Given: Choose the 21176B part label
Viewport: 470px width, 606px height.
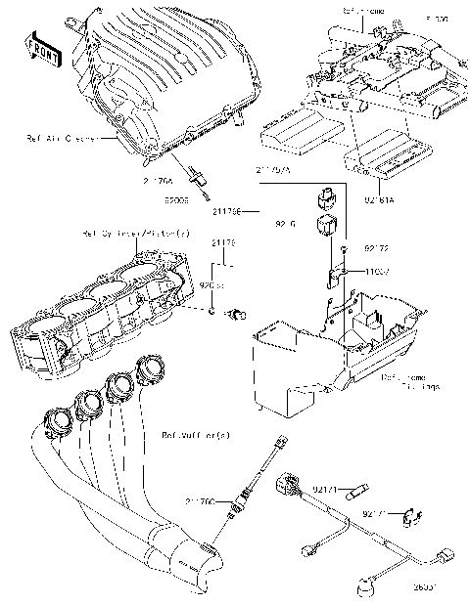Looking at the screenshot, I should tap(226, 209).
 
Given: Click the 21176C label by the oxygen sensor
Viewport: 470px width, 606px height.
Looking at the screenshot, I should tap(201, 499).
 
